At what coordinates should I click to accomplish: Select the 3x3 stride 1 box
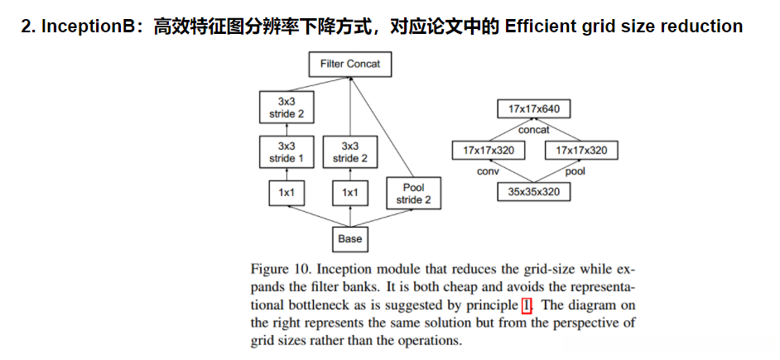286,151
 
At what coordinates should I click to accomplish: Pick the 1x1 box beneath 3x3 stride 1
286,193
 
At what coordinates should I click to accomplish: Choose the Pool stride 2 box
414,194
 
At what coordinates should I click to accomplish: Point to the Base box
349,239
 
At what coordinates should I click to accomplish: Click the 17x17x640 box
534,108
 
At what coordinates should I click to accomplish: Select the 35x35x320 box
534,192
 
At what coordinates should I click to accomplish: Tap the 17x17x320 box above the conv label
489,151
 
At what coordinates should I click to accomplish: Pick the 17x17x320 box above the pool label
580,151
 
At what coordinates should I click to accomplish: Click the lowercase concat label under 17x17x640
534,130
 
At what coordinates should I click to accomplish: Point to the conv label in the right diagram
488,171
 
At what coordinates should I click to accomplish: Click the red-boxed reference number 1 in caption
527,304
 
